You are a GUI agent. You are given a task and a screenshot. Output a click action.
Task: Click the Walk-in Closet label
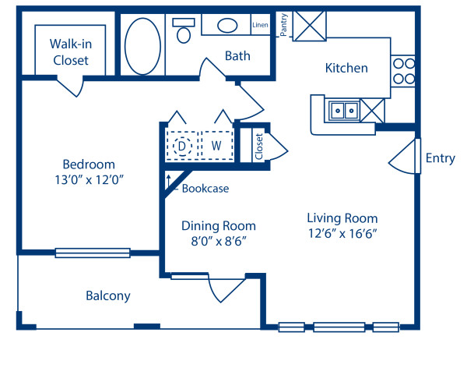69,51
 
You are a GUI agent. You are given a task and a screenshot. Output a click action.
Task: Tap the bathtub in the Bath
143,46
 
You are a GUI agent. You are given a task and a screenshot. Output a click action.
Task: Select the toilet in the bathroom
184,31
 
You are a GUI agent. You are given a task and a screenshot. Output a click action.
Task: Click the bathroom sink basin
227,26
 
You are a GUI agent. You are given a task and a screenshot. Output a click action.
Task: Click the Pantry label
286,24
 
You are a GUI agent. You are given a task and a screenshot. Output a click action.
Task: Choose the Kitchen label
346,68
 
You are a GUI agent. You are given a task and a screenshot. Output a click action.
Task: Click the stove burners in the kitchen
402,71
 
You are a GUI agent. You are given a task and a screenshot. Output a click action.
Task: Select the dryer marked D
183,145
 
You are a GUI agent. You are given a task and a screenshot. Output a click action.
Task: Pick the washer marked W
217,145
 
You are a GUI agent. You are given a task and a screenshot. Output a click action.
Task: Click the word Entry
440,158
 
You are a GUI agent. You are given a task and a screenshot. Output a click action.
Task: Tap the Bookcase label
205,188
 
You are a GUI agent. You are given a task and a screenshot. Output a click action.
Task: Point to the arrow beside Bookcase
167,182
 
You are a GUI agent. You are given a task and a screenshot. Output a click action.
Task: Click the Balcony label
107,296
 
